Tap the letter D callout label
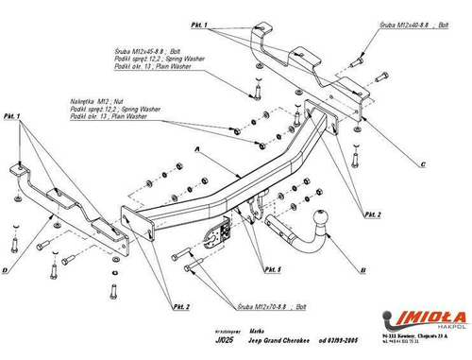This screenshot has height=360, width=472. click(x=8, y=269)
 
